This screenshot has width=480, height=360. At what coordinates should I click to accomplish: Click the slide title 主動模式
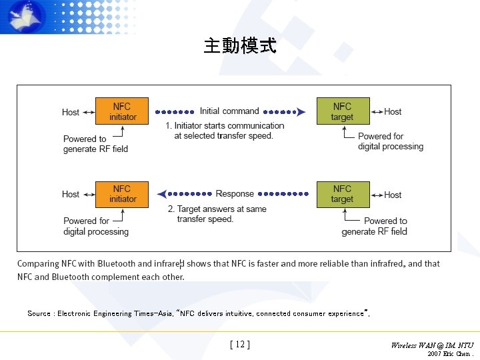tap(239, 46)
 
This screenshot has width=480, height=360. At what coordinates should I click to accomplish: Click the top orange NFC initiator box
tap(123, 112)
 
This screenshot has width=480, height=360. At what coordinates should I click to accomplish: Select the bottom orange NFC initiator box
tap(123, 194)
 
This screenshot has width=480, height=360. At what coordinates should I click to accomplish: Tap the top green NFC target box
tap(342, 112)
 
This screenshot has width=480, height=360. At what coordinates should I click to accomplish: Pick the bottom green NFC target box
tap(342, 194)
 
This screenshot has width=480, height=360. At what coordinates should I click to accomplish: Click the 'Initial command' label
tap(229, 111)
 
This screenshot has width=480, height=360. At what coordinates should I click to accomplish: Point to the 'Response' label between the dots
tap(235, 194)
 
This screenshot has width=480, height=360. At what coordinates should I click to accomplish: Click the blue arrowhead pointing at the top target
tap(301, 112)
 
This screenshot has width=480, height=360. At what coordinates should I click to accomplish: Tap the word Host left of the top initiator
tap(71, 112)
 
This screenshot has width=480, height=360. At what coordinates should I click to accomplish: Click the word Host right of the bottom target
tap(393, 195)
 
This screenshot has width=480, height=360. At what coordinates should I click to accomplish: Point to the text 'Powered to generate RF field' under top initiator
tap(95, 144)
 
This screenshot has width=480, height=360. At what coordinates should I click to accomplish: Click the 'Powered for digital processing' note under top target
tap(390, 141)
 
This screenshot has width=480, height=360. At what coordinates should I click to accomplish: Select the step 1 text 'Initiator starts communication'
tap(225, 125)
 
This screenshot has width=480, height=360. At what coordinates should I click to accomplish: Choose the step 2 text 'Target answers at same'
tap(217, 209)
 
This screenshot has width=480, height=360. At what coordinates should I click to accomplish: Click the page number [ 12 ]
tap(239, 345)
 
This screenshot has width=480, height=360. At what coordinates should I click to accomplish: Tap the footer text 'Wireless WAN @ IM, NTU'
tap(432, 345)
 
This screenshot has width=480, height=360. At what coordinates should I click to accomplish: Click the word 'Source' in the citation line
tap(39, 313)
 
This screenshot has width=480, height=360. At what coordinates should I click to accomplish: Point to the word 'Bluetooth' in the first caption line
tap(117, 264)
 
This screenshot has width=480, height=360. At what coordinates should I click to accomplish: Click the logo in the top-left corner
tap(27, 17)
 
